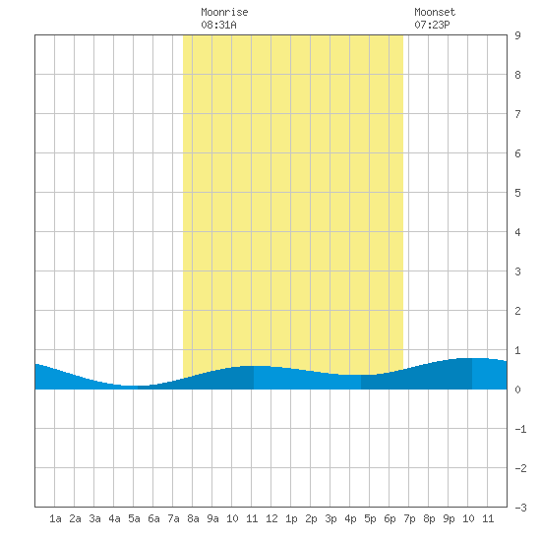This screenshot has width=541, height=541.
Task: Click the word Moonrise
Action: (224, 12)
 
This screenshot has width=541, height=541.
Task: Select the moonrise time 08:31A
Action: (218, 25)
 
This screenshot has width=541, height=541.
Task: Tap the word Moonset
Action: (435, 12)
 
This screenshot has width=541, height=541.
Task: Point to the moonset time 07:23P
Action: (432, 25)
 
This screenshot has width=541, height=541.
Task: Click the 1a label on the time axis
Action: (55, 518)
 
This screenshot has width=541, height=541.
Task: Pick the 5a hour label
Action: (134, 518)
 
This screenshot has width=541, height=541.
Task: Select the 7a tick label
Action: (173, 518)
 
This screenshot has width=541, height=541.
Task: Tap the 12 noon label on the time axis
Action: (271, 518)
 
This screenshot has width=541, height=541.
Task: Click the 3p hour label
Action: (331, 518)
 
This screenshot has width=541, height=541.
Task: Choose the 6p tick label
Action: (390, 518)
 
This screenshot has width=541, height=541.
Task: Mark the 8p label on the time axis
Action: (429, 518)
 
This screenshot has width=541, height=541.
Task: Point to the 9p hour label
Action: (449, 518)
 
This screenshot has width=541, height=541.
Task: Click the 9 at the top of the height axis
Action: (517, 35)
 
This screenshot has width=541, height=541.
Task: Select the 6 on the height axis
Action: (517, 153)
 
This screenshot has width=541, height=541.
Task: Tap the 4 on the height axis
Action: (517, 232)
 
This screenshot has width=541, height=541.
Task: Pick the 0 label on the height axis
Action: (517, 390)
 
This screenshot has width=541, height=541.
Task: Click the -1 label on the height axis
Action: (520, 429)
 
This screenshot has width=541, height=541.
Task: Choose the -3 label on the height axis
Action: (520, 508)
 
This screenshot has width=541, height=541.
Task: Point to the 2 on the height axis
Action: (517, 311)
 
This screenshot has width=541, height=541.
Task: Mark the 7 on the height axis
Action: (517, 114)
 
